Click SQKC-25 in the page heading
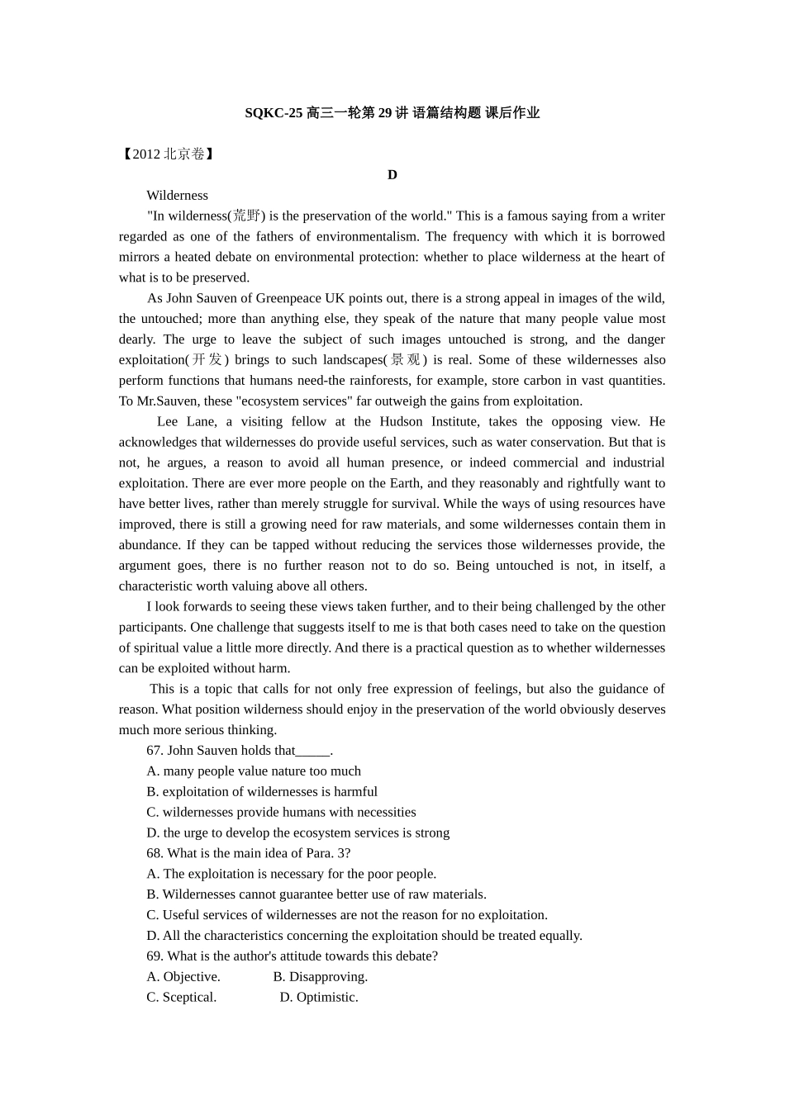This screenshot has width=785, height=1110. point(274,113)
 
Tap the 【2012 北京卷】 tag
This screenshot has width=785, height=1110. point(168,154)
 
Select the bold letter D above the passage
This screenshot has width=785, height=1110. point(392,174)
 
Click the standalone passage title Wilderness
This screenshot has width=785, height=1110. point(177,196)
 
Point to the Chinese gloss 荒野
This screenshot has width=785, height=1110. point(246,216)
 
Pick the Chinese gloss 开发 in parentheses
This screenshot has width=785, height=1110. point(204,360)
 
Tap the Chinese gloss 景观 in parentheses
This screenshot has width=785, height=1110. point(405,360)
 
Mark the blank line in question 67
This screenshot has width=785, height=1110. point(312,751)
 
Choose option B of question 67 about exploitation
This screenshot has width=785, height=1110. point(262,792)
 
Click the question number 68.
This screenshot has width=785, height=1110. point(155,853)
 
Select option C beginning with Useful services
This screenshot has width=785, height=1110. point(347,915)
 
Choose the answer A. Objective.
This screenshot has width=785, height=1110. point(183,977)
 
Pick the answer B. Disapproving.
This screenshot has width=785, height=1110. point(321,977)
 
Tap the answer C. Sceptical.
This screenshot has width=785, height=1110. point(182,998)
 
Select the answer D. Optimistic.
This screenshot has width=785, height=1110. point(319,998)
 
